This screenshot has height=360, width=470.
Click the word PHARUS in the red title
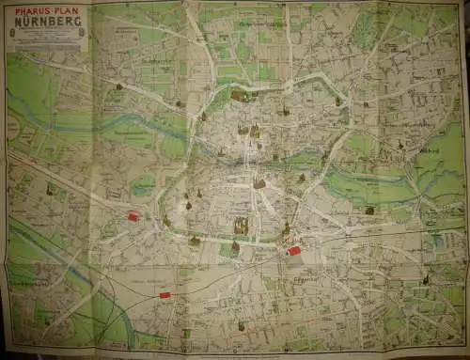(x=33, y=10)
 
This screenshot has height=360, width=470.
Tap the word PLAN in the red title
(x=66, y=10)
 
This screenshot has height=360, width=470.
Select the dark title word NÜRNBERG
(x=48, y=21)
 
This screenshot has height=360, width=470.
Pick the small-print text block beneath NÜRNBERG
(x=48, y=36)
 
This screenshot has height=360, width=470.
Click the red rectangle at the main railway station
(x=294, y=251)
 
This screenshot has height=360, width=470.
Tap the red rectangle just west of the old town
(x=133, y=216)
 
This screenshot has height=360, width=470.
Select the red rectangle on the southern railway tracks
(x=165, y=295)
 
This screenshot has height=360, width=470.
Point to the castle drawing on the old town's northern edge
(x=240, y=95)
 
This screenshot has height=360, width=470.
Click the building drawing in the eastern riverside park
(x=369, y=210)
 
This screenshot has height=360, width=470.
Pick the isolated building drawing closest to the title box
(x=119, y=86)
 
